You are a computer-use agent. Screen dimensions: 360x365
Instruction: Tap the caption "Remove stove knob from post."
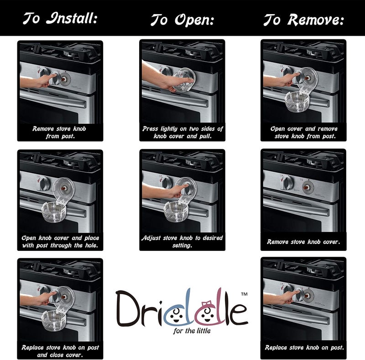[x=59, y=132]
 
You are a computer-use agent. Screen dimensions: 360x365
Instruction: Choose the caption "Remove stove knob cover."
[x=303, y=242]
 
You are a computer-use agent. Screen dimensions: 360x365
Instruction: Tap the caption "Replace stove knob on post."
[x=303, y=348]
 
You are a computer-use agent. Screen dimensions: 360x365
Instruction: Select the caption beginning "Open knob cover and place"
[x=60, y=242]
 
